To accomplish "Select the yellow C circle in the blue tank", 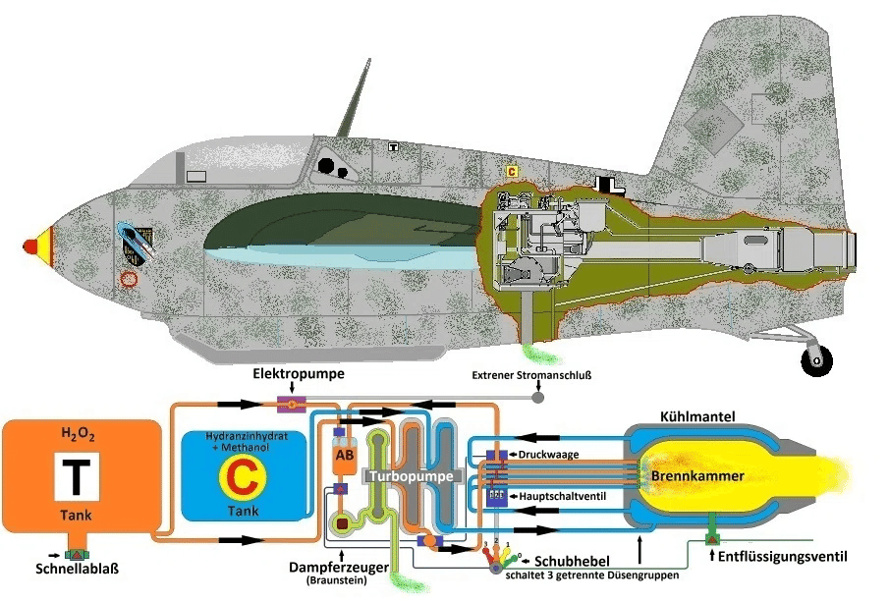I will [240, 478].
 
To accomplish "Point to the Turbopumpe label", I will [412, 475].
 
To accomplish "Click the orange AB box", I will [345, 455].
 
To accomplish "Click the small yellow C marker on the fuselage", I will [512, 171].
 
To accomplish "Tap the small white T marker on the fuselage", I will [393, 147].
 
